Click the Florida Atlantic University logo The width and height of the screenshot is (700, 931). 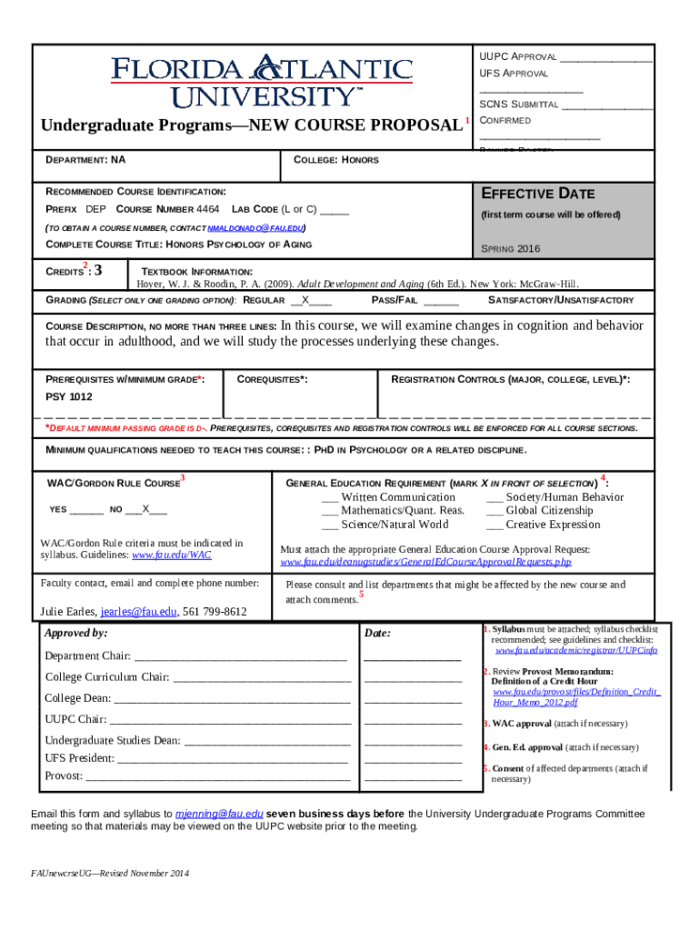262,81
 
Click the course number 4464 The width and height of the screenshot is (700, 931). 208,209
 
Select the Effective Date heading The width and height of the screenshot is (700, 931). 537,194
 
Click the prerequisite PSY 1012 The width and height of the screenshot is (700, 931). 69,396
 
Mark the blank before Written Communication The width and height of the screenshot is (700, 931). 329,497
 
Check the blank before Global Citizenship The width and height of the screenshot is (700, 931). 495,511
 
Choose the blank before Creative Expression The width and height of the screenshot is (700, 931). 495,525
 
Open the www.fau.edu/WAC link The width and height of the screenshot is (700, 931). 172,555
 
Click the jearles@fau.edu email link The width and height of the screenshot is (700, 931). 139,612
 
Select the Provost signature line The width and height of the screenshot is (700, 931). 217,776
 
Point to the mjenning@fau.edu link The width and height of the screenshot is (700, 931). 219,813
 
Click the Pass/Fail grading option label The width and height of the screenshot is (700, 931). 395,300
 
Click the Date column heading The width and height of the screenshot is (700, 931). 376,633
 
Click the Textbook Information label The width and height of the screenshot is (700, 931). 196,272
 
